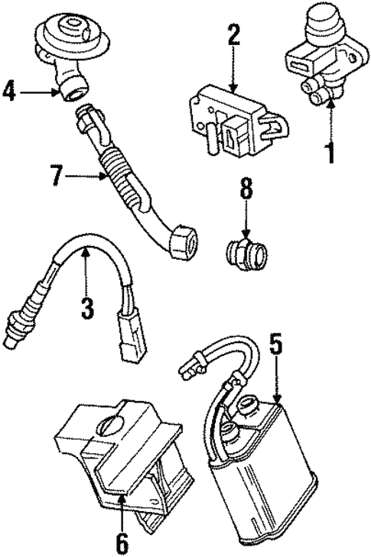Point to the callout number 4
[8, 93]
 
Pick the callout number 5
[275, 345]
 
